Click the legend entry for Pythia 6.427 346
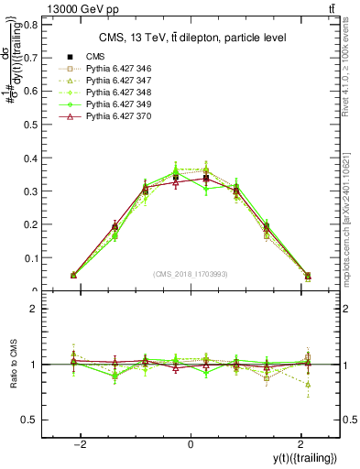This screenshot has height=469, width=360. pyautogui.click(x=113, y=68)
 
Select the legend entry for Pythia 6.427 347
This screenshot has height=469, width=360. pyautogui.click(x=113, y=81)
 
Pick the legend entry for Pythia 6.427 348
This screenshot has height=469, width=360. pyautogui.click(x=113, y=93)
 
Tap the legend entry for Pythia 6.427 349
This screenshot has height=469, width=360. pyautogui.click(x=113, y=104)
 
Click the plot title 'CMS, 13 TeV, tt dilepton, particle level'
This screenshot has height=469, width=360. pyautogui.click(x=191, y=38)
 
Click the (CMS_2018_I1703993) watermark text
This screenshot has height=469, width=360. pyautogui.click(x=191, y=274)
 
